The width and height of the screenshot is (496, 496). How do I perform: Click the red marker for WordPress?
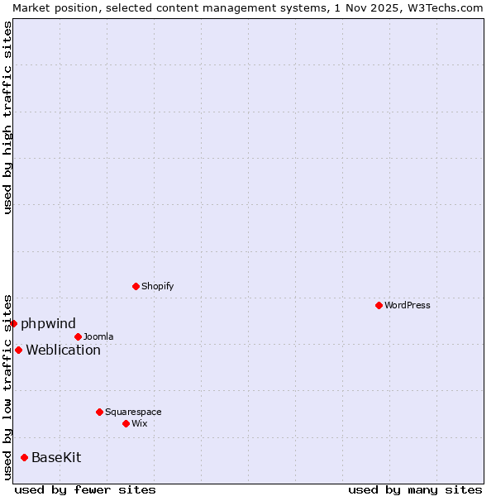click(379, 305)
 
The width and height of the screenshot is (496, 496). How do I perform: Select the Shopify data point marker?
click(136, 286)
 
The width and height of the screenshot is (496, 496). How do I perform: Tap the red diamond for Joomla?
click(78, 336)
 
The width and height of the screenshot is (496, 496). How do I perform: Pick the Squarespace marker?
click(99, 412)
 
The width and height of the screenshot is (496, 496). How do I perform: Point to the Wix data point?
click(126, 423)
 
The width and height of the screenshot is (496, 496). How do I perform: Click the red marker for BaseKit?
click(24, 457)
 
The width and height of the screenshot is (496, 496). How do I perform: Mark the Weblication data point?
click(18, 350)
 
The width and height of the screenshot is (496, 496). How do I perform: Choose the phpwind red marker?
click(14, 323)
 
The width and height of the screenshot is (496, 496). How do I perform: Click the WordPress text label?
click(408, 305)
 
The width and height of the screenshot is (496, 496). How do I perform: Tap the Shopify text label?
click(158, 286)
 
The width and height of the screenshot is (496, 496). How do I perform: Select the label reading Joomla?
click(98, 336)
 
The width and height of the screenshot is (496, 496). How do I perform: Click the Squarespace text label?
click(133, 412)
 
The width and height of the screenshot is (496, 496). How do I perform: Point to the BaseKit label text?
click(56, 457)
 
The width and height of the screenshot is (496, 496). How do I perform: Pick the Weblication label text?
click(63, 350)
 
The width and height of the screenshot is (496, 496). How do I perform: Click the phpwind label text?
click(48, 323)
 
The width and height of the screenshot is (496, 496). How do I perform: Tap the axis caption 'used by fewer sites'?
click(85, 489)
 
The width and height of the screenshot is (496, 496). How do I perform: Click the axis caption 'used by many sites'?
click(415, 489)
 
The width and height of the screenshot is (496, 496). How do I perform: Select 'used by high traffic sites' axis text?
click(7, 117)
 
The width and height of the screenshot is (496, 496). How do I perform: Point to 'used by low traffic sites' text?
click(7, 386)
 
